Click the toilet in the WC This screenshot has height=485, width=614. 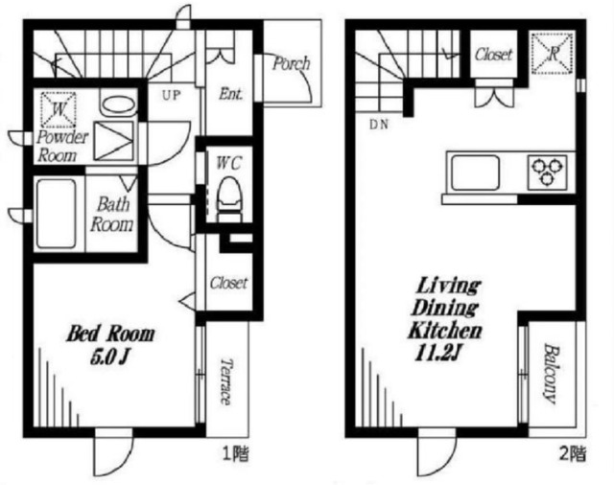tap(228, 198)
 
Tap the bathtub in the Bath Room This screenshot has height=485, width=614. tap(56, 213)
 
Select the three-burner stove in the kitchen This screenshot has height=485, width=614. tap(547, 173)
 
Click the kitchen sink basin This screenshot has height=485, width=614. tap(476, 173)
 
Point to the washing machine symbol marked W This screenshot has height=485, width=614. tap(59, 109)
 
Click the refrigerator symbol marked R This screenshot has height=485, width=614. tap(553, 54)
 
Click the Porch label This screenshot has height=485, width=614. tap(291, 63)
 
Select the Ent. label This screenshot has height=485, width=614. tap(230, 94)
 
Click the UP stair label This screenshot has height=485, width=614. tap(171, 95)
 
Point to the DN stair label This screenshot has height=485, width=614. tap(379, 125)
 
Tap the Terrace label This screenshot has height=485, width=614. tap(226, 381)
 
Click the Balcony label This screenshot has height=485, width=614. tap(550, 374)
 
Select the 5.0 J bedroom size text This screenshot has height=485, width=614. tap(109, 358)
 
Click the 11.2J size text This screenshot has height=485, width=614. tap(436, 354)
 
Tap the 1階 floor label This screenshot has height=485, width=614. tap(236, 455)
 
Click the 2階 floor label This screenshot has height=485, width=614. tap(573, 454)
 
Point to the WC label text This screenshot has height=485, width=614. tap(229, 163)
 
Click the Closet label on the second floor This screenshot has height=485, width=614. tap(493, 55)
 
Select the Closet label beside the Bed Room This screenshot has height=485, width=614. tap(228, 283)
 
